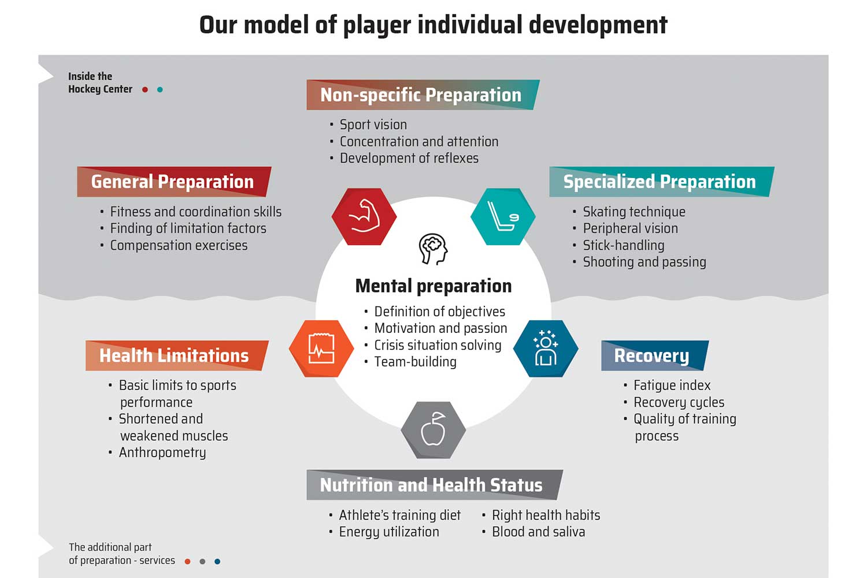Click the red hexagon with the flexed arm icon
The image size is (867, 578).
pyautogui.click(x=364, y=216)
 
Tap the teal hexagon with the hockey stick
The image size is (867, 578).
pyautogui.click(x=503, y=216)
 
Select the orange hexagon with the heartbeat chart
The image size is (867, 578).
pyautogui.click(x=321, y=349)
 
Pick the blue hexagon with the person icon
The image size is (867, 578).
pyautogui.click(x=546, y=349)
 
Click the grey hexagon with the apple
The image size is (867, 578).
pyautogui.click(x=433, y=430)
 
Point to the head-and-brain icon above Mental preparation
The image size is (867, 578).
pyautogui.click(x=433, y=249)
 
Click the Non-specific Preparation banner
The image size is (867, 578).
pyautogui.click(x=423, y=95)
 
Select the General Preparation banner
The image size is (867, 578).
pyautogui.click(x=174, y=181)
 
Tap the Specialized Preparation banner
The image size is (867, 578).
pyautogui.click(x=662, y=181)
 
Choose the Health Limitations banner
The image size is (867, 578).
pyautogui.click(x=177, y=355)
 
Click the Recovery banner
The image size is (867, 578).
pyautogui.click(x=655, y=355)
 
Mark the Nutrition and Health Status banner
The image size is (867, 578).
pyautogui.click(x=435, y=485)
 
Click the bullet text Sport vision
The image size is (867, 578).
pyautogui.click(x=373, y=125)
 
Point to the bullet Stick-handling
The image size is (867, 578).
pyautogui.click(x=624, y=246)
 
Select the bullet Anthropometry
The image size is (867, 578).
pyautogui.click(x=162, y=453)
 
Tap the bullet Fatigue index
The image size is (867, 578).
pyautogui.click(x=672, y=386)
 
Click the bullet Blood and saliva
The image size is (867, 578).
pyautogui.click(x=538, y=532)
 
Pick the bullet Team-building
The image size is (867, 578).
pyautogui.click(x=416, y=362)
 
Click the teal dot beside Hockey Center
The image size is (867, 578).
pyautogui.click(x=160, y=90)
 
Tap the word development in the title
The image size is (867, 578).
pyautogui.click(x=598, y=25)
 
